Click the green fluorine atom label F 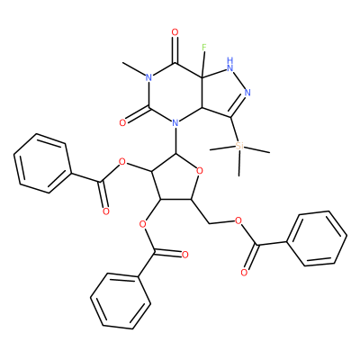204,47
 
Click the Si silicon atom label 239,146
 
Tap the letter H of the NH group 230,59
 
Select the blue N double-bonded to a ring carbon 247,93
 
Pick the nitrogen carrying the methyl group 148,77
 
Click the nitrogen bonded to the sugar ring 175,122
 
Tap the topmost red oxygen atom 175,32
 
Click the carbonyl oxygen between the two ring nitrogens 122,122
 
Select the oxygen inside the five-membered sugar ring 200,171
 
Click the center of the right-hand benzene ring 319,238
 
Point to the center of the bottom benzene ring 121,301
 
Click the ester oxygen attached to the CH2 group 238,221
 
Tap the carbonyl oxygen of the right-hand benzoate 244,272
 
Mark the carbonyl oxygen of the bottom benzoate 184,256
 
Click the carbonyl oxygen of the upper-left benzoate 105,211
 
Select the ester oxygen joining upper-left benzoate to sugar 121,163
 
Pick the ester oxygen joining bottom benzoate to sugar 143,224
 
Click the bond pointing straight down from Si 239,164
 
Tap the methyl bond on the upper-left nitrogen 133,70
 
